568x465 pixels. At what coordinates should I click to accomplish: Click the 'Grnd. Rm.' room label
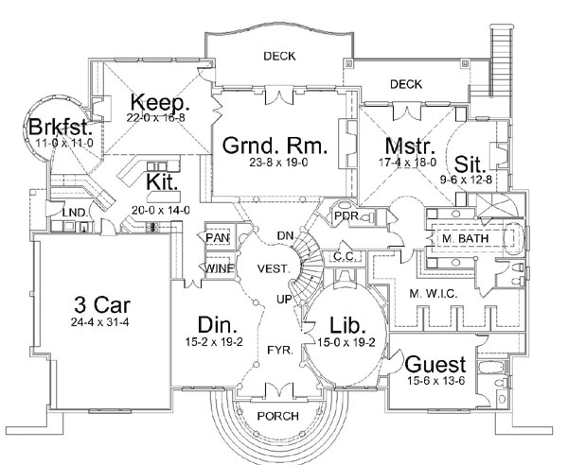(x=275, y=146)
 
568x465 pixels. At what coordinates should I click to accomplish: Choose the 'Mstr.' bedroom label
(x=410, y=146)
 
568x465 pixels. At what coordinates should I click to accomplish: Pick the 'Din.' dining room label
(x=215, y=324)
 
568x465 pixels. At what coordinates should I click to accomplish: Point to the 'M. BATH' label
(x=465, y=239)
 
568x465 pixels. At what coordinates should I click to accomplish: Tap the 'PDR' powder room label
(x=346, y=216)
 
